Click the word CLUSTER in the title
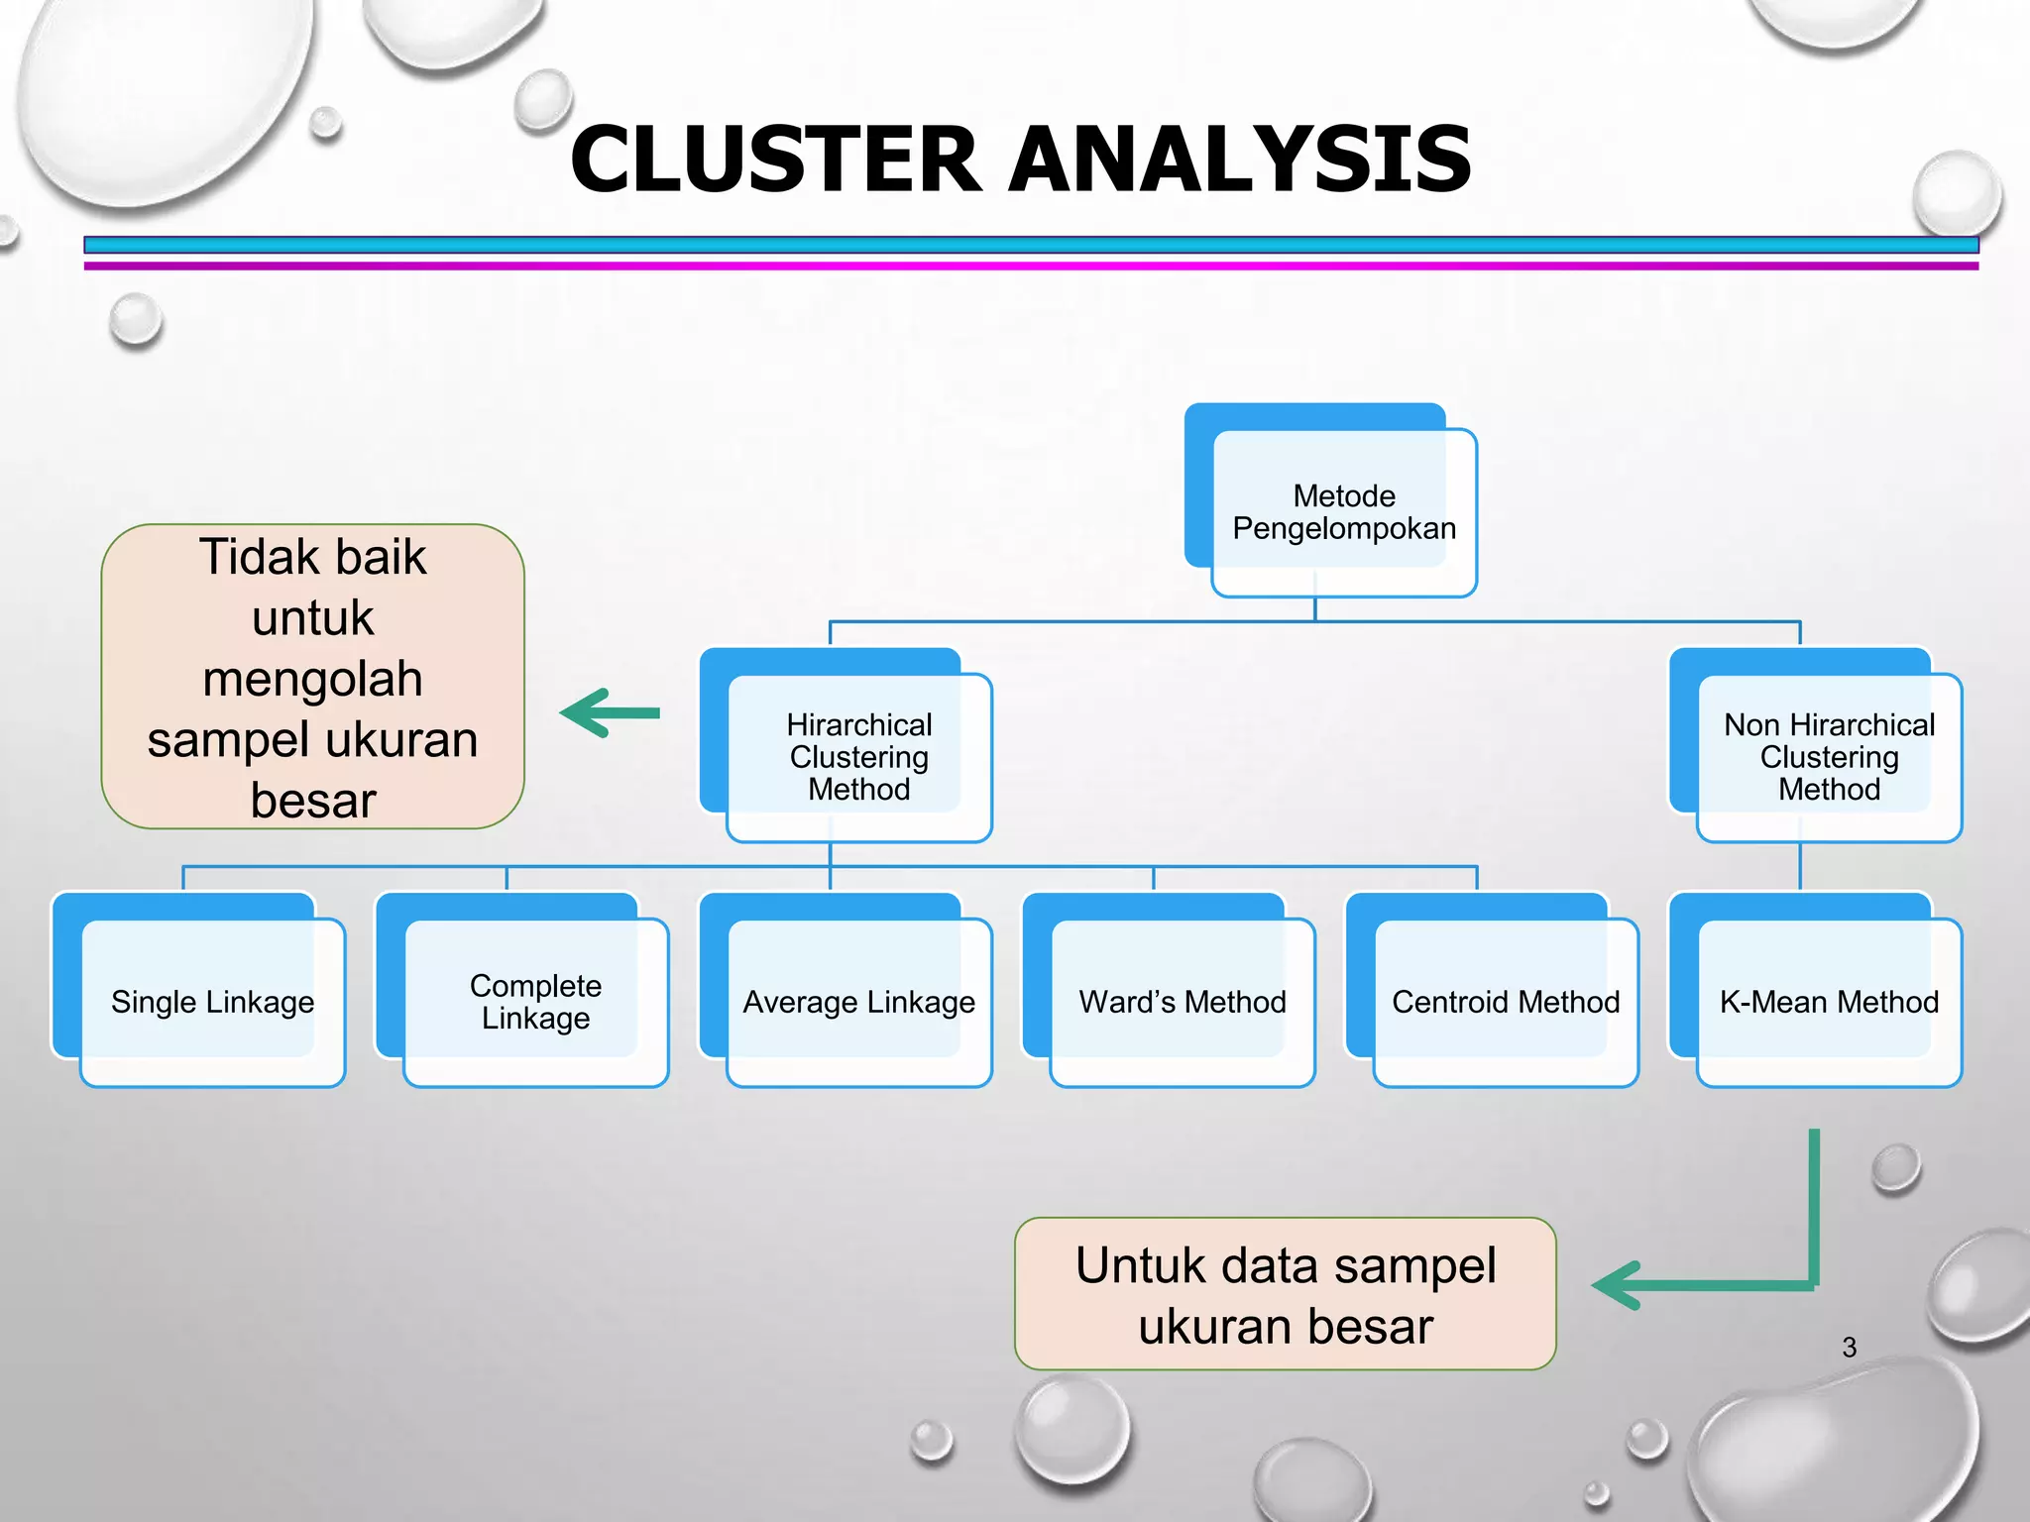pos(775,161)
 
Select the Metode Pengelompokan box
pos(1343,511)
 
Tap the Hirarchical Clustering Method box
pos(858,756)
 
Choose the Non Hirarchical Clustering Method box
pos(1829,756)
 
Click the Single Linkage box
pos(212,1002)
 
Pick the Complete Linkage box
pos(535,1002)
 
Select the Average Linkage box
pos(858,1002)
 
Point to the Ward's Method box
pos(1182,1002)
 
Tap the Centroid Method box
pos(1505,1002)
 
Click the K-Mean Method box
pos(1829,1002)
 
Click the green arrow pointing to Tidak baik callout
pos(610,712)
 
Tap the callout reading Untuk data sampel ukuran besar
pos(1285,1294)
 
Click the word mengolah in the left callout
pos(312,679)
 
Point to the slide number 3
pos(1849,1348)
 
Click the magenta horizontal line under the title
pos(1031,266)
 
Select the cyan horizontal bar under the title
pos(1031,245)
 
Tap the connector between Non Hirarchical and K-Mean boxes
pos(1800,867)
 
